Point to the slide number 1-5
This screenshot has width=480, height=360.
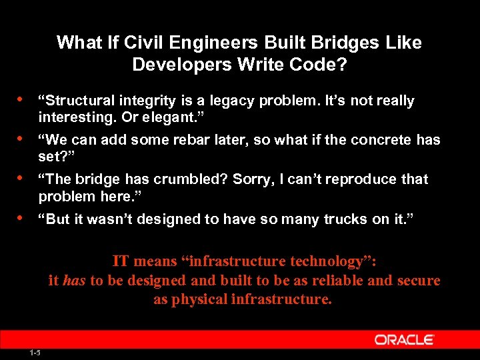pyautogui.click(x=35, y=352)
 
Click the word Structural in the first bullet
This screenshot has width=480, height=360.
pyautogui.click(x=79, y=101)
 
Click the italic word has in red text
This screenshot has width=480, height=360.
pyautogui.click(x=75, y=280)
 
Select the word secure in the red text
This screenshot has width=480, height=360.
pyautogui.click(x=417, y=280)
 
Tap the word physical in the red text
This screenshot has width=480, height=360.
pyautogui.click(x=199, y=299)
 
